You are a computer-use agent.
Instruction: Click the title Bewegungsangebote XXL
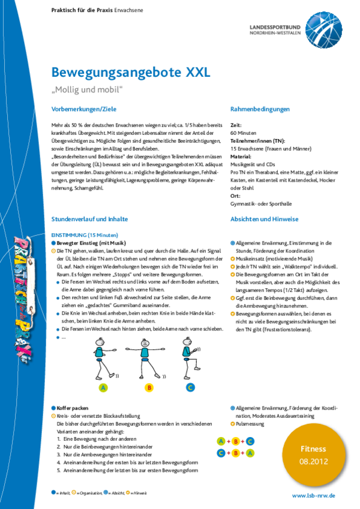click(131, 73)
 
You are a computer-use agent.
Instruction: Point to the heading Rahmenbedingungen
click(260, 109)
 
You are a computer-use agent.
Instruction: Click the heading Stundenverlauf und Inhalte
click(89, 219)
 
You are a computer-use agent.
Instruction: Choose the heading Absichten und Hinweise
click(264, 219)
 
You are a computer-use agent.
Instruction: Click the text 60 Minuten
click(243, 132)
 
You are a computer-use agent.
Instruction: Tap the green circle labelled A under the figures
click(103, 387)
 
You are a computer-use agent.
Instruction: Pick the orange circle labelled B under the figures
click(149, 387)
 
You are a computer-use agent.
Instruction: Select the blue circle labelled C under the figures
click(190, 387)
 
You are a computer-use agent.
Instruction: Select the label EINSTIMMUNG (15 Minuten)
click(85, 234)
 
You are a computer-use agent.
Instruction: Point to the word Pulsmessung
click(251, 423)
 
